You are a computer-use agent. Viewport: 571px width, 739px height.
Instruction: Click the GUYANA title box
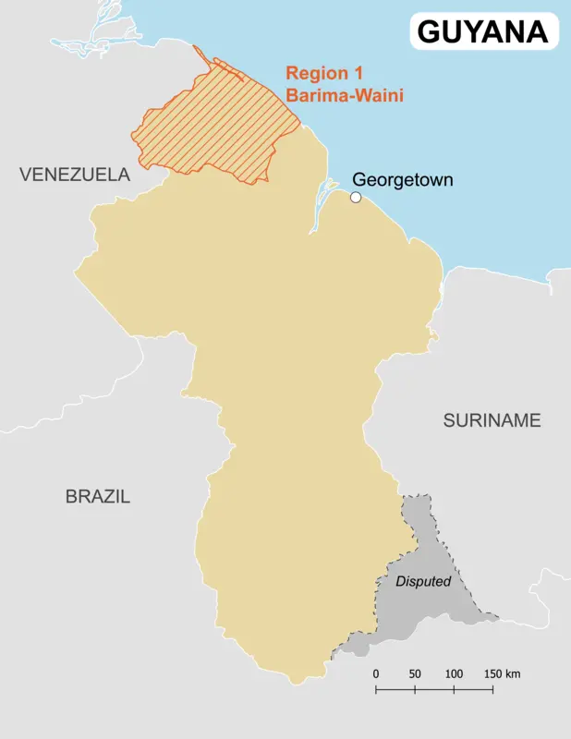point(483,30)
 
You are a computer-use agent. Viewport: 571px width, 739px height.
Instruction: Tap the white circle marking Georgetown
point(356,197)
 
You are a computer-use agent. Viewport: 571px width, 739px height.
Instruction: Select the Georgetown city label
point(403,179)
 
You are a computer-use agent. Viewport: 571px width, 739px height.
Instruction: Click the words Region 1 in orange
point(323,74)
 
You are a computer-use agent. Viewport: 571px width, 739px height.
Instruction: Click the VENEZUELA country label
point(75,175)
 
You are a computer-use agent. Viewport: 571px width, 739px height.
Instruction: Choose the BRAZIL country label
point(98,496)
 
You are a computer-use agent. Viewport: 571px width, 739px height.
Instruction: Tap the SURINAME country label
point(491,420)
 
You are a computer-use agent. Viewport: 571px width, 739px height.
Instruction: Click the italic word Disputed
point(423,582)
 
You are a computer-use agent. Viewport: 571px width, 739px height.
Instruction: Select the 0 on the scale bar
point(376,673)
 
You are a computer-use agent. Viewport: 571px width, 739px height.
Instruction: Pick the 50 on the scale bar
point(415,673)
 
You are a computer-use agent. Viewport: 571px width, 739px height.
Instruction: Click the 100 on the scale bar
point(454,673)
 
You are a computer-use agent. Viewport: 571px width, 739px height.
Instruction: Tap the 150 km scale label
point(500,673)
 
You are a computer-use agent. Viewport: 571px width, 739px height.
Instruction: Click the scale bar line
point(434,689)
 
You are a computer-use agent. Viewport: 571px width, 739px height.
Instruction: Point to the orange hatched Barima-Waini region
point(222,129)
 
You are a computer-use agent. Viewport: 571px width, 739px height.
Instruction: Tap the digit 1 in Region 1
point(358,74)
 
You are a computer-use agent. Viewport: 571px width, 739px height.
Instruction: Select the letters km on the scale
point(513,673)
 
